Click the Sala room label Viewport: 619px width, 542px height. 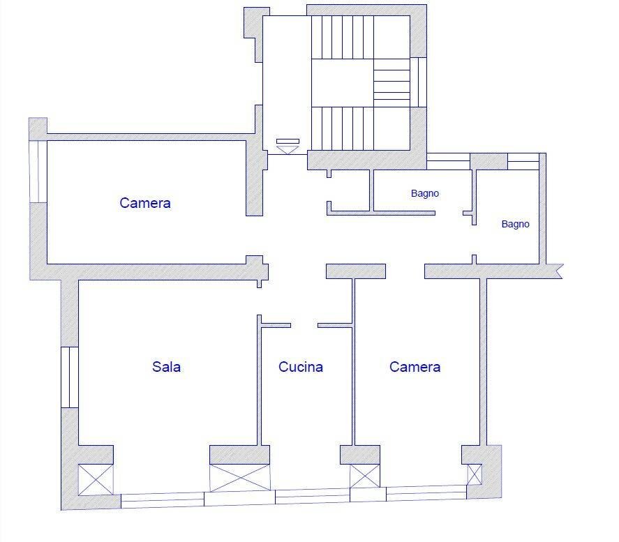166,367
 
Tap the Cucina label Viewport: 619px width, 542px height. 300,367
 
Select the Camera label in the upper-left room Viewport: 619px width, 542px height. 145,203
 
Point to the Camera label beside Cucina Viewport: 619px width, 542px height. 415,367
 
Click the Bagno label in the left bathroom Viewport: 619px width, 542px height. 425,193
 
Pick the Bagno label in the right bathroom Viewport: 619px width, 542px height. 515,224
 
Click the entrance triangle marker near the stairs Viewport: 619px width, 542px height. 288,150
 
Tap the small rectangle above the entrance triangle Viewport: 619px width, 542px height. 288,141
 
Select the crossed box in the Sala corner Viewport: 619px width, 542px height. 96,479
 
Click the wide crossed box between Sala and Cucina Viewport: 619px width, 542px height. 240,478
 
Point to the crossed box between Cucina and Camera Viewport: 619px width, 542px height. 365,476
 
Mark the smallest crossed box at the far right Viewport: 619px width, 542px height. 475,474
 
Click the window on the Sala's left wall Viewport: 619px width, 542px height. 70,377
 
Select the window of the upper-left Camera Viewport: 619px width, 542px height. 38,172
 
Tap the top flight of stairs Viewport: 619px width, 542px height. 342,38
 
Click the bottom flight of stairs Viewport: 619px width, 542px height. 342,128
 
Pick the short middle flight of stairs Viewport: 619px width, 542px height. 391,83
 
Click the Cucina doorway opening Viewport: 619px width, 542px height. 304,326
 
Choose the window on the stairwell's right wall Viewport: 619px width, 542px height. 419,82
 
